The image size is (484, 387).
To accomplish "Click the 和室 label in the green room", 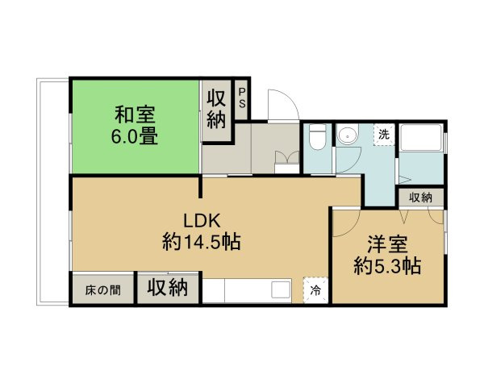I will [135, 114].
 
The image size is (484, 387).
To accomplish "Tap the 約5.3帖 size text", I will [388, 265].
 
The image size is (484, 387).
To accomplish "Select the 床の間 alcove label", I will [103, 289].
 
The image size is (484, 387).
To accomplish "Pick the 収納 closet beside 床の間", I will [168, 288].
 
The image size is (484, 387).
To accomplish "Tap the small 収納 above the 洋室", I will [419, 198].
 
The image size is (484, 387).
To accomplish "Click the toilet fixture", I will [317, 139].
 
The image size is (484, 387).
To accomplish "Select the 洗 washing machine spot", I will [384, 134].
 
